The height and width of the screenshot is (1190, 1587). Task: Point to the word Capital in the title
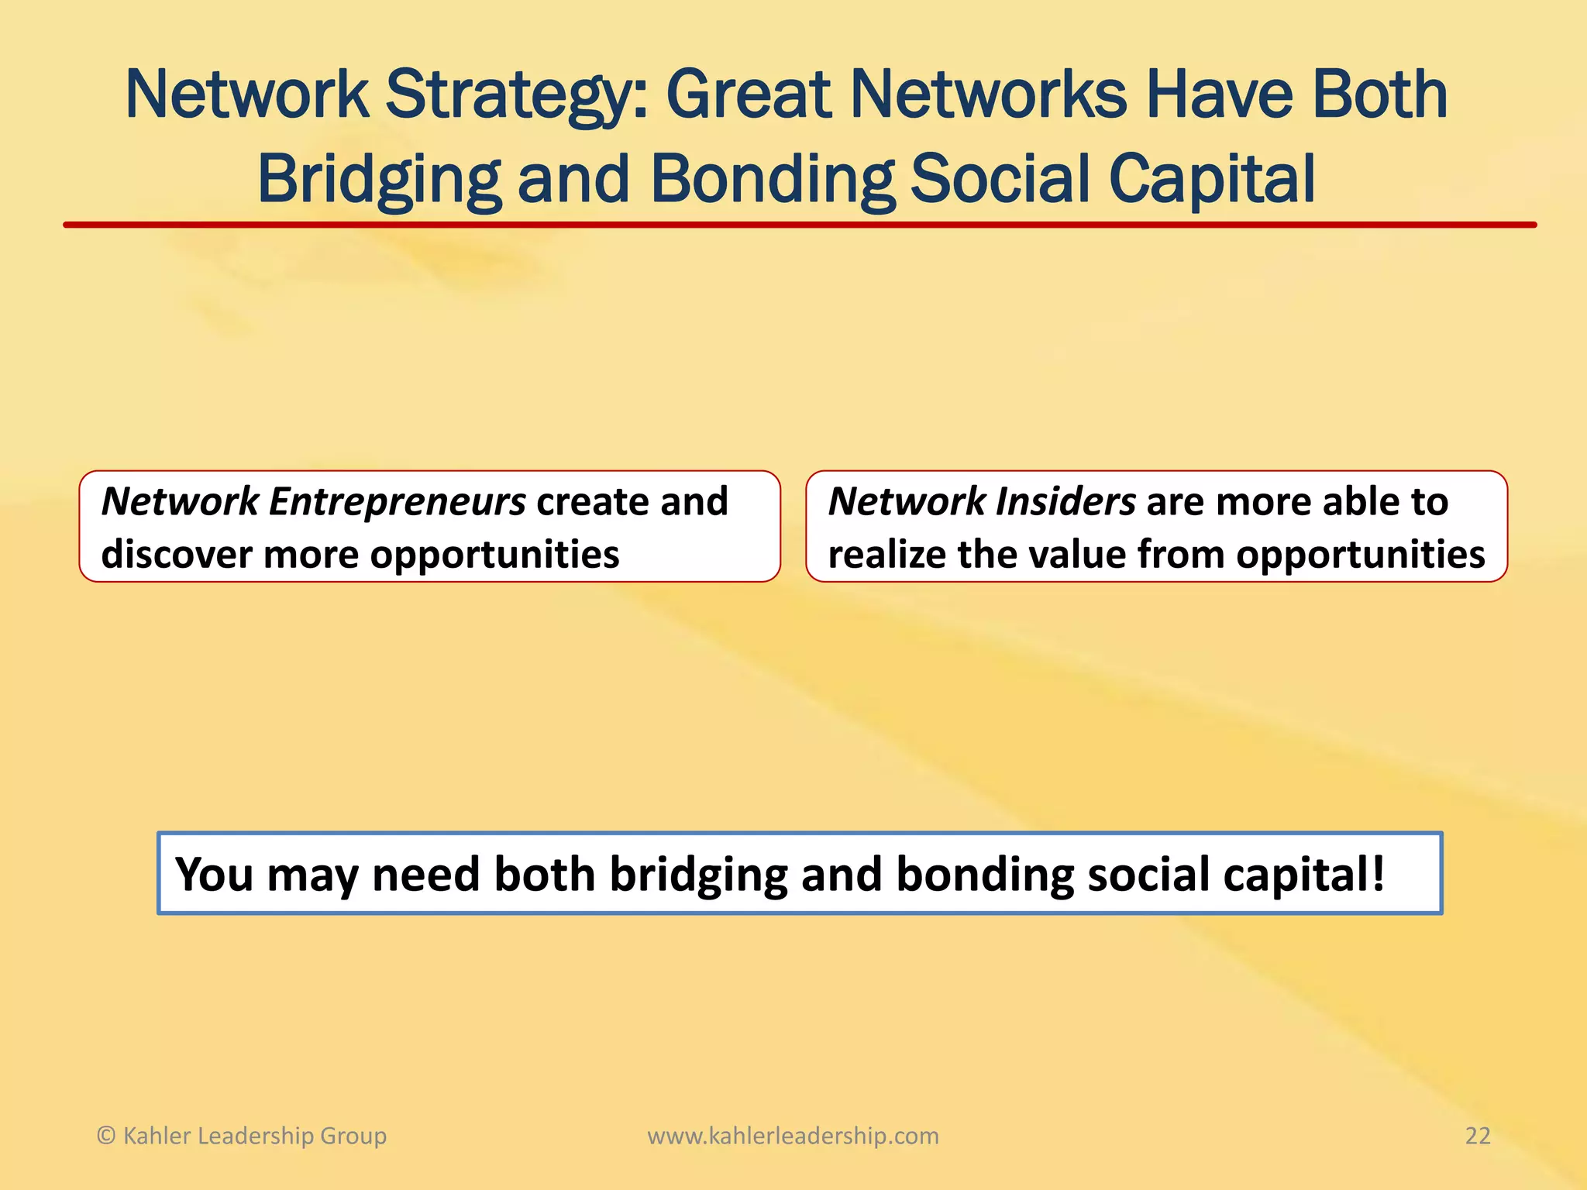(1212, 180)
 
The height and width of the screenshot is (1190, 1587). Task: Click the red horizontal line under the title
(798, 225)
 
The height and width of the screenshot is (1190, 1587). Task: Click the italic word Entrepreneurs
(397, 502)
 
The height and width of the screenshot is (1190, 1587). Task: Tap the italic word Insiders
(1065, 502)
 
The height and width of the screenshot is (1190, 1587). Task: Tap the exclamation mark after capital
(1378, 873)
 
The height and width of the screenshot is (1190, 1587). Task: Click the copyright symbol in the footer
(106, 1136)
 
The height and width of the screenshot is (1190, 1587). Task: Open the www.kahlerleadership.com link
(793, 1136)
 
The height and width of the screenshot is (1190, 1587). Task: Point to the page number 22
(1478, 1136)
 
